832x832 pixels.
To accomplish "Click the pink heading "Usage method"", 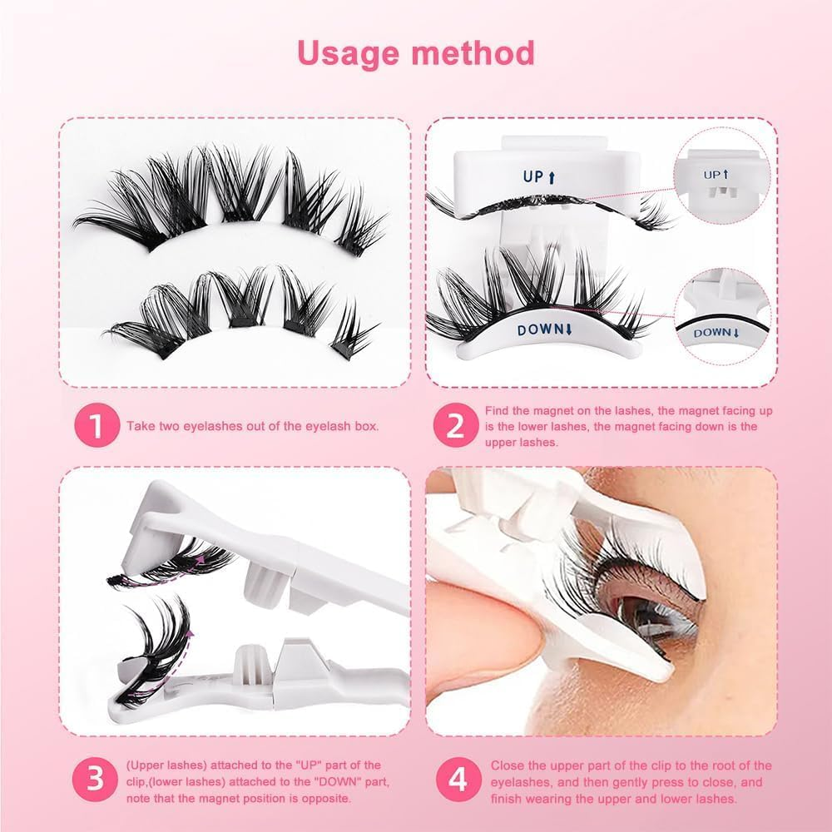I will coord(416,52).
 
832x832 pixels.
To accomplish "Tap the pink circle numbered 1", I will coord(97,426).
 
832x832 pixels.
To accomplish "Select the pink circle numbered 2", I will coord(455,426).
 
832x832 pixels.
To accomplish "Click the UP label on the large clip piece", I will coord(537,177).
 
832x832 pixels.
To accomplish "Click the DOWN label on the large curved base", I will coord(547,330).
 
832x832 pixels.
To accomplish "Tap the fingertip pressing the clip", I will coord(491,632).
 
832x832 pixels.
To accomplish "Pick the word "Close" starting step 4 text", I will coord(507,765).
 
